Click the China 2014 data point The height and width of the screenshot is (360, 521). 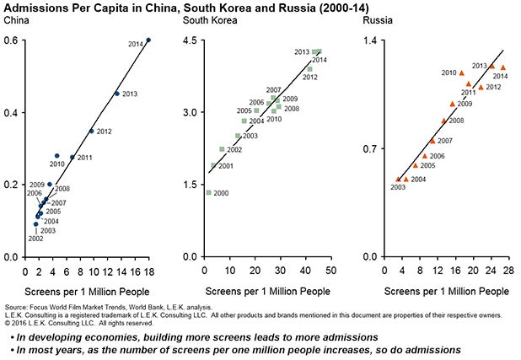coord(148,40)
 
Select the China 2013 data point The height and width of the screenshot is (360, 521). coord(117,94)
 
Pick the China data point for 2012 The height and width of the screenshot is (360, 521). coord(92,131)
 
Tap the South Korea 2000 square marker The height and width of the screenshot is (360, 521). coord(208,192)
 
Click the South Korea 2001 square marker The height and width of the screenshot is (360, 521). coord(213,165)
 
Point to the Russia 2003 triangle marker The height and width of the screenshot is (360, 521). coord(398,179)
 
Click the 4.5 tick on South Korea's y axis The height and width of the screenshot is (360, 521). coord(189,40)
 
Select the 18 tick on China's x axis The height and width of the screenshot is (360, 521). coord(148,270)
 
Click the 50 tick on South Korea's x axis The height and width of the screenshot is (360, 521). coord(330,270)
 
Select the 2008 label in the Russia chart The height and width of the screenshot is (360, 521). coord(454,121)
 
